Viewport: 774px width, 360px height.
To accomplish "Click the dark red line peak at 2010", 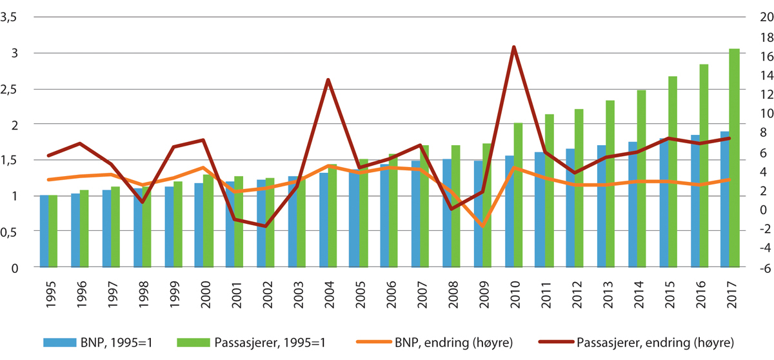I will point(513,47).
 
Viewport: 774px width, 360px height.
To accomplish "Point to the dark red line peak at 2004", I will point(328,80).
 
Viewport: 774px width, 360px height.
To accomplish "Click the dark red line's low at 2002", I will point(266,226).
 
